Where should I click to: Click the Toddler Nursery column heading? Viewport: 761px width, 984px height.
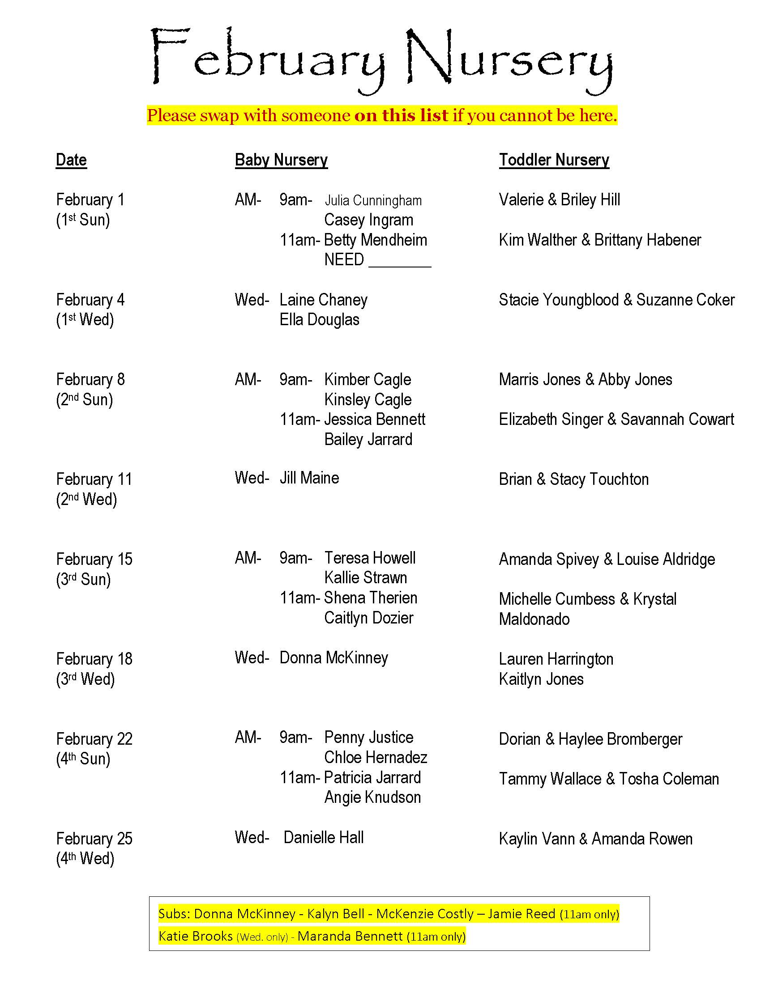(x=554, y=160)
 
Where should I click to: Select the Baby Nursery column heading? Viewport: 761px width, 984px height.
(x=281, y=160)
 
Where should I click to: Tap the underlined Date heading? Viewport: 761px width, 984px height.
(x=71, y=160)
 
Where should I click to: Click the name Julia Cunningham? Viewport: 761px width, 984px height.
(x=373, y=200)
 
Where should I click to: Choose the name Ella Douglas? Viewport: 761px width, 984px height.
(x=319, y=320)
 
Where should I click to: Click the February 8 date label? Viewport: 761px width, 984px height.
(x=90, y=380)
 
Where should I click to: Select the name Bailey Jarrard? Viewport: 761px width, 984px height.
(x=368, y=439)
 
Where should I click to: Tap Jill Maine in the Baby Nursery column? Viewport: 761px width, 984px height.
(x=309, y=478)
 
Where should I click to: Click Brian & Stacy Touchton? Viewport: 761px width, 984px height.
(x=573, y=479)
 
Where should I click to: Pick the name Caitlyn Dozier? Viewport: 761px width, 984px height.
(x=368, y=618)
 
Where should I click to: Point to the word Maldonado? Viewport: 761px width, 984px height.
(x=534, y=619)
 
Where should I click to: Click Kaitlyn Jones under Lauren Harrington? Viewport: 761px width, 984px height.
(x=541, y=679)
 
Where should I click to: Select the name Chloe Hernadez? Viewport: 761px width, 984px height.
(x=376, y=757)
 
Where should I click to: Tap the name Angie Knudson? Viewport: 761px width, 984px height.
(x=372, y=797)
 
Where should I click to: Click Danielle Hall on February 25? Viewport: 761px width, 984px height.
(x=323, y=838)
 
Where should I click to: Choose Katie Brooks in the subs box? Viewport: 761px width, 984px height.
(x=195, y=936)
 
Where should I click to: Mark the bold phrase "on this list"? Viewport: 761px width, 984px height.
(x=401, y=116)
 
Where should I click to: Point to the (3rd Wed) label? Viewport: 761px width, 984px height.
(x=85, y=679)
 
